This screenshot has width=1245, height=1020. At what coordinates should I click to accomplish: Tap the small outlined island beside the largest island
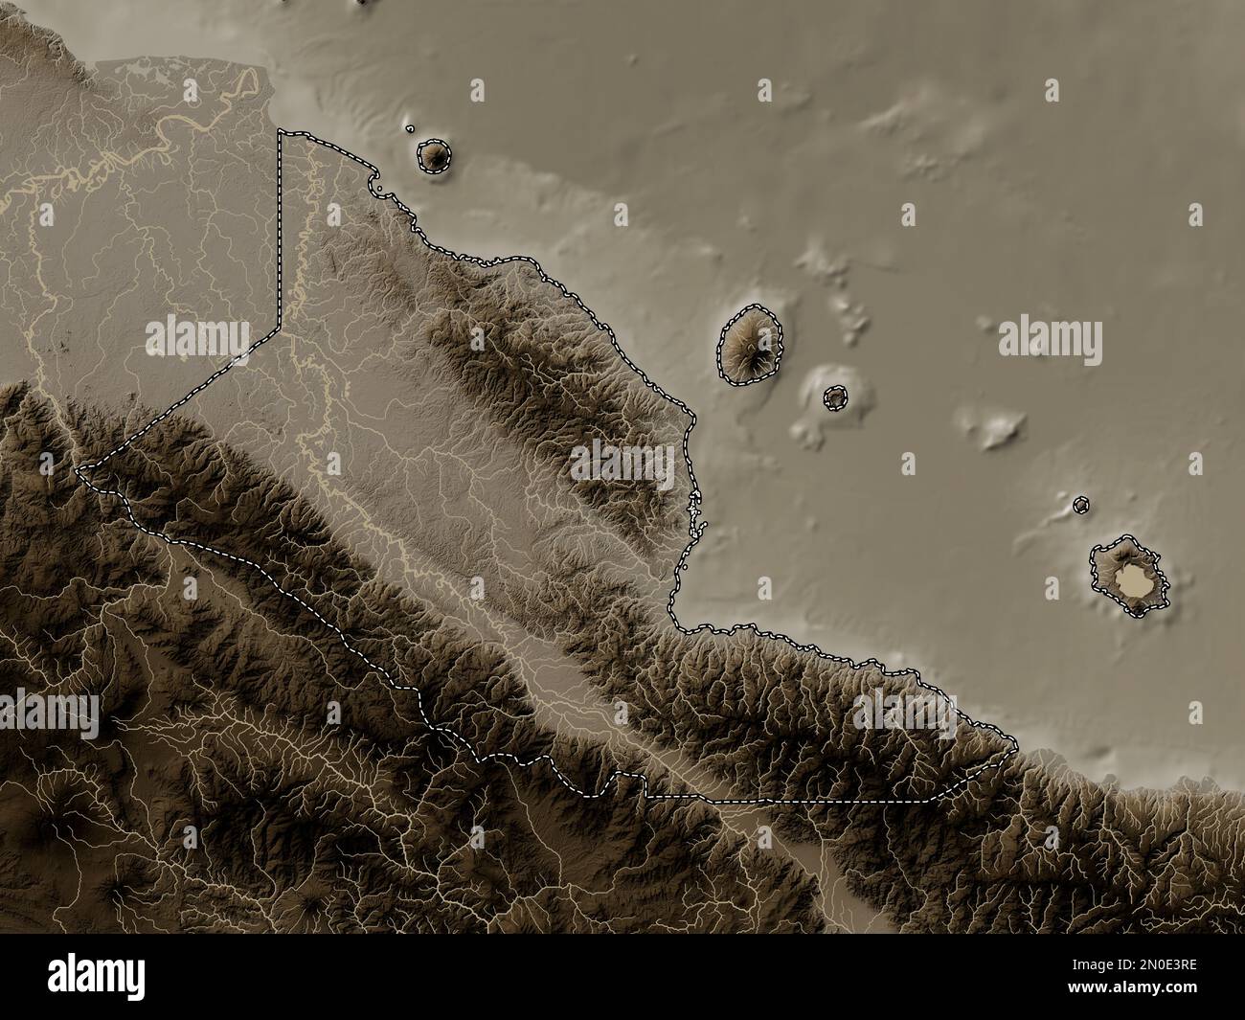[x=836, y=397]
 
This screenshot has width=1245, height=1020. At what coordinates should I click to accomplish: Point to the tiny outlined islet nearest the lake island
[x=1081, y=504]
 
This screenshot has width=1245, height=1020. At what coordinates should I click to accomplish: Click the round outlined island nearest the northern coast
[x=434, y=155]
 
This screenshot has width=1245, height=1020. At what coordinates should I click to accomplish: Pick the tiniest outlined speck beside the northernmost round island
[x=410, y=128]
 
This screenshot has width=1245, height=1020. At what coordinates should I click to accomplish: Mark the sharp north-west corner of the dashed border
[x=280, y=131]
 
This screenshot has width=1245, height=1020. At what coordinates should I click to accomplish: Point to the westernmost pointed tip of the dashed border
[x=79, y=467]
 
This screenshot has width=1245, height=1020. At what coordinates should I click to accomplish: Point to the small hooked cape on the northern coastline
[x=378, y=186]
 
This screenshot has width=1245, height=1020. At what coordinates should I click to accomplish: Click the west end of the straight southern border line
[x=645, y=796]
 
